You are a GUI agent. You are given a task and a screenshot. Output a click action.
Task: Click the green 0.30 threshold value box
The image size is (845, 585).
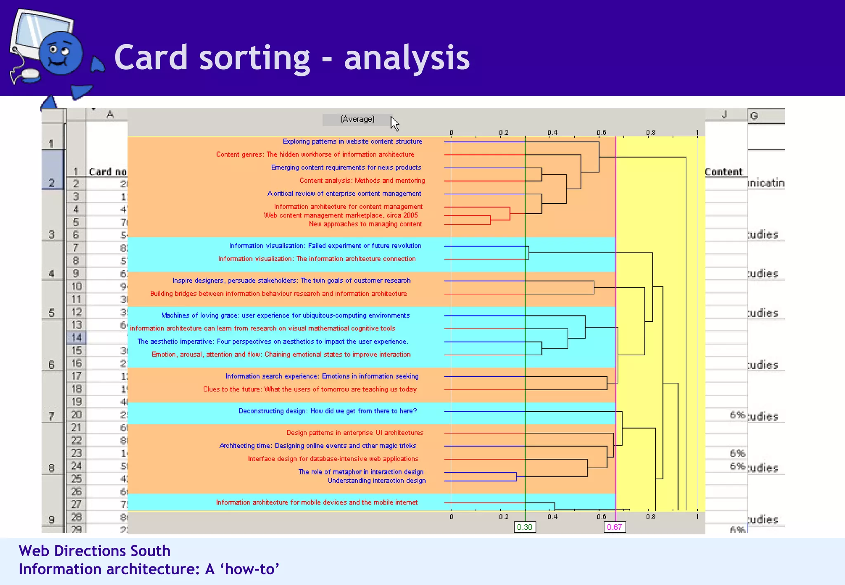click(524, 527)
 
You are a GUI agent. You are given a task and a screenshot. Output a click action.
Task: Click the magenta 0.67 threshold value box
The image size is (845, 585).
click(614, 527)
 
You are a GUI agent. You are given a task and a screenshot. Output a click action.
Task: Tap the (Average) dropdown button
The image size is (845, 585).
click(357, 120)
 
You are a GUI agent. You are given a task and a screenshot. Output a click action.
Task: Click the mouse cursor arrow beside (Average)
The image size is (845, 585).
click(394, 123)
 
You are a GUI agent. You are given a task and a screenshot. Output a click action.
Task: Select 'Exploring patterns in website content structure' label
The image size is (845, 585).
click(352, 142)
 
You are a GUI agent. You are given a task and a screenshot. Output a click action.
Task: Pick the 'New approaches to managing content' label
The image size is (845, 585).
click(365, 224)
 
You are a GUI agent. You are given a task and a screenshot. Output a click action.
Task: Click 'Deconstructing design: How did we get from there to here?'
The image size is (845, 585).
click(328, 411)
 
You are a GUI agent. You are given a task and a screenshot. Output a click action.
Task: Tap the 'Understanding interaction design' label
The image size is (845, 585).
click(376, 481)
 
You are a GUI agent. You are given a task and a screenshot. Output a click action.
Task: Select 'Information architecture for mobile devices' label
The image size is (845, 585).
click(316, 502)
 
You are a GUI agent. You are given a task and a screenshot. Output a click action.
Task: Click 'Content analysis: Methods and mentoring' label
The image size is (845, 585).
click(362, 181)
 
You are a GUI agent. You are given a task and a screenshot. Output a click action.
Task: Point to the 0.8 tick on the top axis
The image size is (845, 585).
click(650, 133)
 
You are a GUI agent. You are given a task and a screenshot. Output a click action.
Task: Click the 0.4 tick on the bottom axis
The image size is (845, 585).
click(552, 517)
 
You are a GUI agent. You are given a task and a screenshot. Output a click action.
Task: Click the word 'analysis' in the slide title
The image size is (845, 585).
click(406, 58)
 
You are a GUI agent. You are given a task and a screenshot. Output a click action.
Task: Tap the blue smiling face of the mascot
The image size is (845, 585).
click(61, 54)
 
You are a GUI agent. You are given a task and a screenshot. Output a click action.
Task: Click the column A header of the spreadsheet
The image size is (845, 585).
click(109, 115)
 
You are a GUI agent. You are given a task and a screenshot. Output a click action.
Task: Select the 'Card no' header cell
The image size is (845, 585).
click(107, 172)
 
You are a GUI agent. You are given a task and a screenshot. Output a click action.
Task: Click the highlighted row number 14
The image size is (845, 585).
click(76, 338)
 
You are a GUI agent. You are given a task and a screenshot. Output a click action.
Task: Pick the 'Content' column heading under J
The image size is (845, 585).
click(723, 172)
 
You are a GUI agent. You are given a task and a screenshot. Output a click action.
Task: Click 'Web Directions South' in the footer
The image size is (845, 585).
click(94, 551)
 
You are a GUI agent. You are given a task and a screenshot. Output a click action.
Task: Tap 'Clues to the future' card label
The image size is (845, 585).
click(309, 389)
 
